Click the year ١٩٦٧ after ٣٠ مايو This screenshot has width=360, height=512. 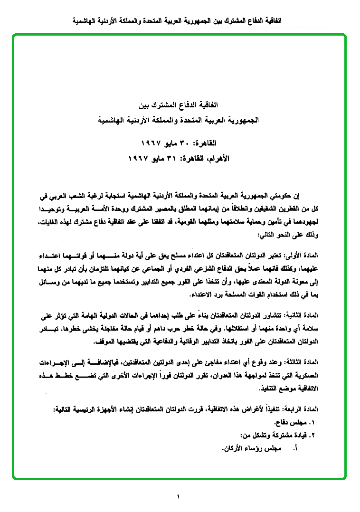(x=152, y=142)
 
